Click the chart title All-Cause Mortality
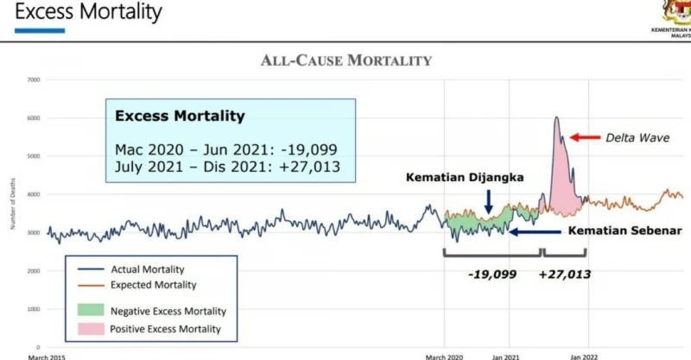pyautogui.click(x=345, y=60)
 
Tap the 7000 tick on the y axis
pyautogui.click(x=34, y=79)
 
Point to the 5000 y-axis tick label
pyautogui.click(x=34, y=156)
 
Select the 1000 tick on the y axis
pyautogui.click(x=34, y=309)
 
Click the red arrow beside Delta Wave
pyautogui.click(x=583, y=136)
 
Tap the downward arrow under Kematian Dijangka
pyautogui.click(x=489, y=203)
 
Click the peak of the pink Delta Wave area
pyautogui.click(x=557, y=118)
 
